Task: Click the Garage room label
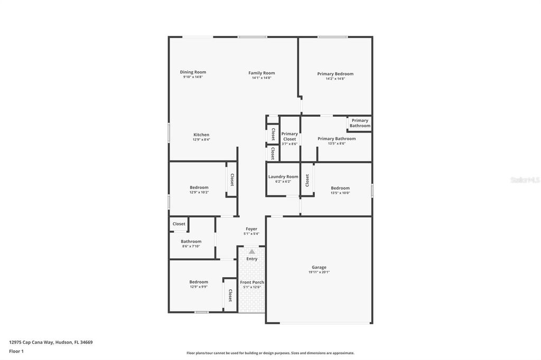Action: (x=319, y=267)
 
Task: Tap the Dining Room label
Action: (x=193, y=72)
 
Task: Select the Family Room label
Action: (x=262, y=73)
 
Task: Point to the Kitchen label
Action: (x=201, y=135)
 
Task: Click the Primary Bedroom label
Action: (x=335, y=74)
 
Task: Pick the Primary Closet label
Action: (x=290, y=136)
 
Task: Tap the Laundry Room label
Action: (x=283, y=177)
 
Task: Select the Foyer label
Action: (x=251, y=229)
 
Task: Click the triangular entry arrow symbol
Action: (x=252, y=251)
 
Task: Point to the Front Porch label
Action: (x=252, y=282)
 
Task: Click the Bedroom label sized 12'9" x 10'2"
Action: (x=199, y=187)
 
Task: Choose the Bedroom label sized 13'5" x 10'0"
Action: (x=340, y=188)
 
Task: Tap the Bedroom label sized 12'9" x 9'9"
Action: (x=199, y=282)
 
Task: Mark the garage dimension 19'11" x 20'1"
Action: (x=319, y=272)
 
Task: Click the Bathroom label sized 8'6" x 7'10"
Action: (x=191, y=241)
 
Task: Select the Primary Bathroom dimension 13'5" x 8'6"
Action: (x=337, y=144)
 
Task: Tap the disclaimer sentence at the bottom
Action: (x=270, y=353)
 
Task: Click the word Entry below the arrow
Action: (x=252, y=259)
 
